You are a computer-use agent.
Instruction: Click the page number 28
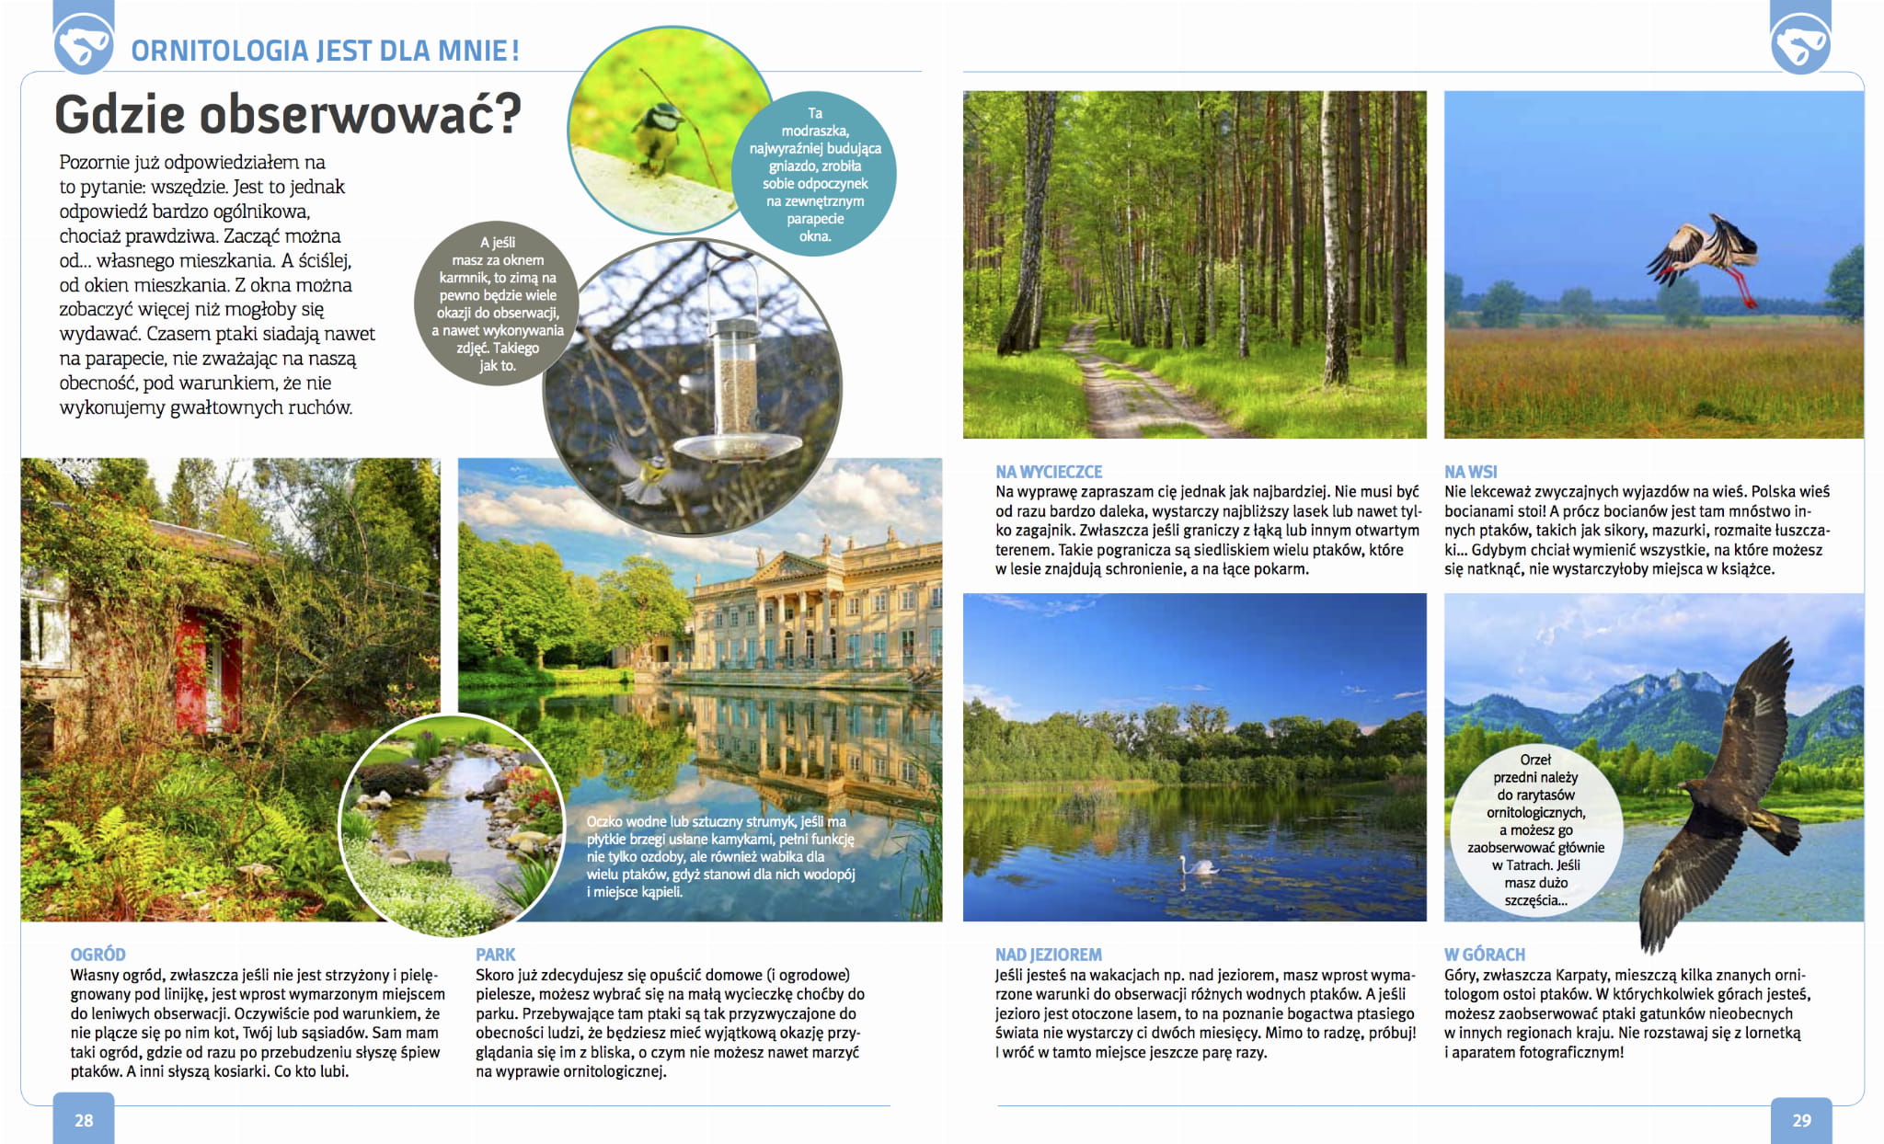pos(84,1120)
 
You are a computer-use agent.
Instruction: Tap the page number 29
pos(1801,1120)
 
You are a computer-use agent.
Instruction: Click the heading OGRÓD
pos(98,955)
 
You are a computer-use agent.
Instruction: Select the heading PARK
pos(495,955)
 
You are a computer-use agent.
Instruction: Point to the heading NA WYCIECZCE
pos(1048,472)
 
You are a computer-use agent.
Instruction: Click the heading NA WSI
pos(1470,472)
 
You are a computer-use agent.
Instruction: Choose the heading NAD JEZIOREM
pos(1048,955)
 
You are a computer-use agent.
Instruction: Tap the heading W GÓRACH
pos(1484,955)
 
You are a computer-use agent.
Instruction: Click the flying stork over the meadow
pos(1706,255)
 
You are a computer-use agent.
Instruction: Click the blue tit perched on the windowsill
pos(659,133)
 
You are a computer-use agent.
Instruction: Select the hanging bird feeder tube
pos(735,377)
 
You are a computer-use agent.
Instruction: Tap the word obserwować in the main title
pos(360,114)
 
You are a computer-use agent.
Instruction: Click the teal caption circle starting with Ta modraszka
pos(814,174)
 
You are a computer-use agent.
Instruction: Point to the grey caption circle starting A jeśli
pos(498,303)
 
